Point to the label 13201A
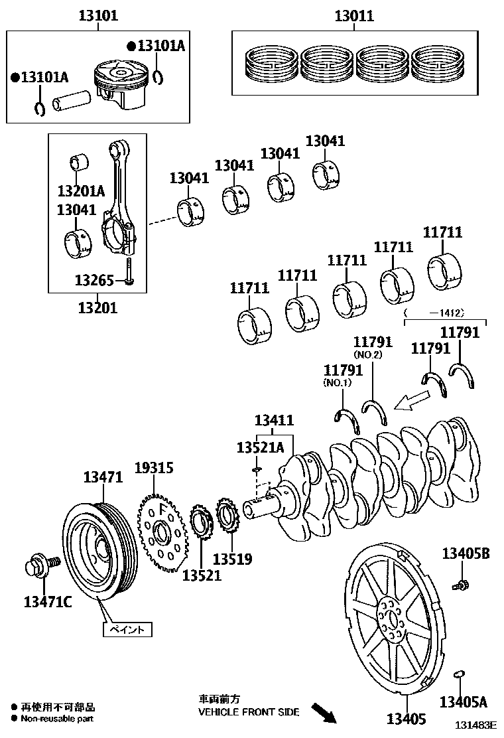[81, 191]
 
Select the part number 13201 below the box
[97, 307]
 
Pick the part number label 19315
[154, 468]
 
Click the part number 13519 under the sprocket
[232, 559]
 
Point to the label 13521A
[260, 448]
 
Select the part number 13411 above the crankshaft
[275, 420]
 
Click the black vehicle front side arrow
[324, 713]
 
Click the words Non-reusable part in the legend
[57, 718]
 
